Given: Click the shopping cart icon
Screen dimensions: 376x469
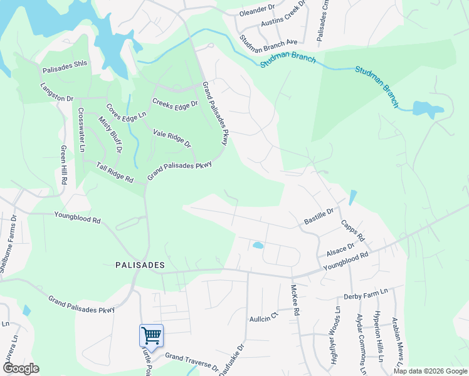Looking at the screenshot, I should [x=151, y=335].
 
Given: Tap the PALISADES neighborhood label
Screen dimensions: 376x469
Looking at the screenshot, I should [x=140, y=265].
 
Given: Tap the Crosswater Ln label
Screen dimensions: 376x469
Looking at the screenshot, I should [x=82, y=130].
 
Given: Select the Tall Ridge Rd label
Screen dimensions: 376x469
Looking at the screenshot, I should [x=115, y=172].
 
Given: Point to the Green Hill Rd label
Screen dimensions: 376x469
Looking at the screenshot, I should [x=64, y=165].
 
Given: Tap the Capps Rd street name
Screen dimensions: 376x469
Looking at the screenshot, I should [x=352, y=231].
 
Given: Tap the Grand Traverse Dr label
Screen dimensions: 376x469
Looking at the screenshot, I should [x=191, y=362].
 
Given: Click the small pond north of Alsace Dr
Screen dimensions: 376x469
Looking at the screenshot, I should [x=258, y=245].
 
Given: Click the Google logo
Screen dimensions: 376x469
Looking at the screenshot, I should [x=20, y=368].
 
